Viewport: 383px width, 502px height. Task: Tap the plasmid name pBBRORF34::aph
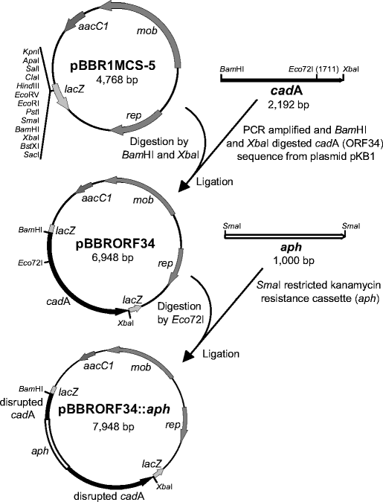point(120,408)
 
